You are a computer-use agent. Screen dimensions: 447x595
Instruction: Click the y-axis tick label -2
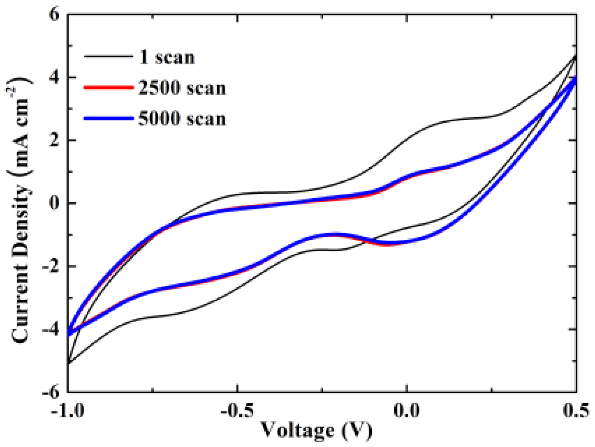point(50,267)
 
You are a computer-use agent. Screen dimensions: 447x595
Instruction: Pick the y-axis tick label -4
point(50,329)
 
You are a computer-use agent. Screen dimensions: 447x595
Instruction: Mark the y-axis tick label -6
point(50,392)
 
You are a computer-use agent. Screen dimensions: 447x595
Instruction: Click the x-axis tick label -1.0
point(68,410)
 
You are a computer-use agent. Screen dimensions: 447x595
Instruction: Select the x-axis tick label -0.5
point(237,410)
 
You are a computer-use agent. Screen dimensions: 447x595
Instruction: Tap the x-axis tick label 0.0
point(407,410)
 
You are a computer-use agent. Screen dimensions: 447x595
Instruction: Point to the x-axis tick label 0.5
point(575,410)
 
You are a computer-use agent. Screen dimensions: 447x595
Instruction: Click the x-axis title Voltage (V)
point(316,430)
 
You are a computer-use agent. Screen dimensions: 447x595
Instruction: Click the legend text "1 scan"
point(167,57)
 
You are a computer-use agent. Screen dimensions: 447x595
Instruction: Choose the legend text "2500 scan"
point(182,88)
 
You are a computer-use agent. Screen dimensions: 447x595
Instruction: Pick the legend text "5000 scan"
point(182,119)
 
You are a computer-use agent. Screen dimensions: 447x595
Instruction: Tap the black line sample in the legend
point(108,57)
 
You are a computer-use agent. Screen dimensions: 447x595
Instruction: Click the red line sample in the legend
point(108,88)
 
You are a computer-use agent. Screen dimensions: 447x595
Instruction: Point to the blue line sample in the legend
point(108,119)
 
